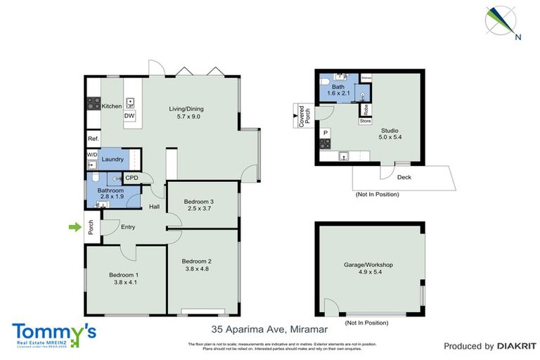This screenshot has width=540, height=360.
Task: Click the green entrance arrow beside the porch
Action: [73, 226]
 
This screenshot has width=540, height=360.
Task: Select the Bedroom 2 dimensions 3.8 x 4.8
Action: [198, 268]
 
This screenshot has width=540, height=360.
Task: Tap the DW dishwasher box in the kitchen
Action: [129, 116]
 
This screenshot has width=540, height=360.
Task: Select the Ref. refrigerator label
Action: [92, 139]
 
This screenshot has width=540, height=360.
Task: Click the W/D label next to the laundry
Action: [92, 154]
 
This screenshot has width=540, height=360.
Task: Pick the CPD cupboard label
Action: [131, 178]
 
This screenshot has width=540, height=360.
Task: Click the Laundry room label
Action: [112, 160]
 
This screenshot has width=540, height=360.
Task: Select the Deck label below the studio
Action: [404, 177]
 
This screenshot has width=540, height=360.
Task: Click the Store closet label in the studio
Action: [365, 121]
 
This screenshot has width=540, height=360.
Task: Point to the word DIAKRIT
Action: [517, 346]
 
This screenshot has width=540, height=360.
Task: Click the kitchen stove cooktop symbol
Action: [92, 104]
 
